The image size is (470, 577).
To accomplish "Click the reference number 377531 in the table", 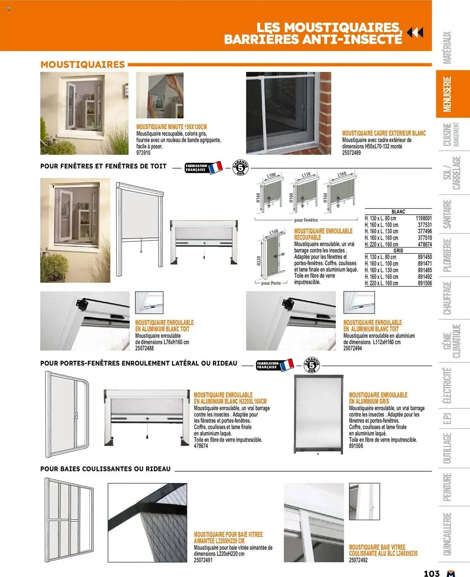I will pyautogui.click(x=424, y=225).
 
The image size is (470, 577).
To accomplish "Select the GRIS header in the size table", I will pyautogui.click(x=398, y=250).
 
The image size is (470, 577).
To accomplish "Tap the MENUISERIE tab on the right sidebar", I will pyautogui.click(x=448, y=94).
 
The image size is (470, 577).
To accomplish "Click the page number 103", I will pyautogui.click(x=431, y=573).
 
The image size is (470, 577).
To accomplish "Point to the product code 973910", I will pyautogui.click(x=143, y=153).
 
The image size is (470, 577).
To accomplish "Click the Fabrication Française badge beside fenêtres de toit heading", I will pyautogui.click(x=203, y=168).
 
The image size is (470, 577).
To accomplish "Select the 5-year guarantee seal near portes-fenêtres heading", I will pyautogui.click(x=311, y=365).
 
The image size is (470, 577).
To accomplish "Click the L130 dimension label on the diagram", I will pyautogui.click(x=306, y=175).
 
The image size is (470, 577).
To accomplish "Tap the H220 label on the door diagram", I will pyautogui.click(x=259, y=261).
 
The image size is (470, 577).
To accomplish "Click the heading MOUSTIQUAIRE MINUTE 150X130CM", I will pyautogui.click(x=171, y=127).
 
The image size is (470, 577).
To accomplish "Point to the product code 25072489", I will pyautogui.click(x=351, y=153).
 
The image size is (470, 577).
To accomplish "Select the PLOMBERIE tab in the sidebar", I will pyautogui.click(x=447, y=255).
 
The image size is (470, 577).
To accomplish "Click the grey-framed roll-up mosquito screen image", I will pyautogui.click(x=318, y=414).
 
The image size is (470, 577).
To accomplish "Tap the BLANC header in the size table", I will pyautogui.click(x=398, y=211).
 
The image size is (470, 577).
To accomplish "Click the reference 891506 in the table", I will pyautogui.click(x=424, y=283).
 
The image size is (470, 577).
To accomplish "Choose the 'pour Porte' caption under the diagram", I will pyautogui.click(x=271, y=283).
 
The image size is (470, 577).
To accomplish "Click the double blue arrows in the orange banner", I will pyautogui.click(x=415, y=33).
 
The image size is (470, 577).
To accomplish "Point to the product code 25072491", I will pyautogui.click(x=203, y=560).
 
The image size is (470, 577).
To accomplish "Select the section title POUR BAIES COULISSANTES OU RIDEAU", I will pyautogui.click(x=106, y=469).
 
